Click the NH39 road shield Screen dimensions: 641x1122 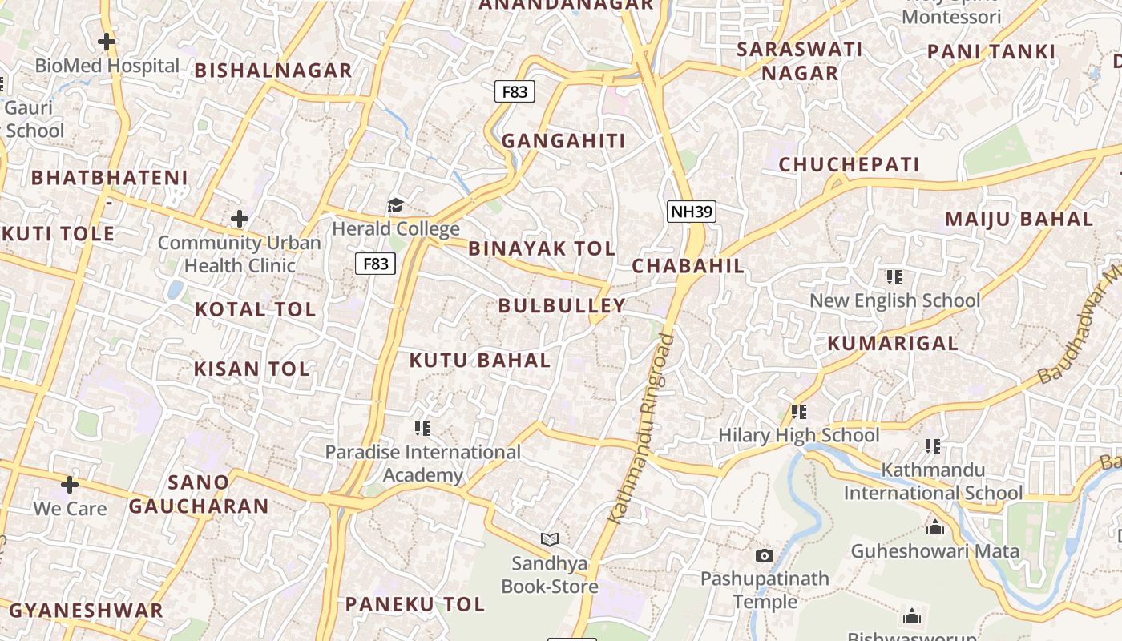691,212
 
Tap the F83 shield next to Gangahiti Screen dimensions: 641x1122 515,91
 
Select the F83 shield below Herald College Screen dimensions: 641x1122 375,263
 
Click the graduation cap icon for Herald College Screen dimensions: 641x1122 395,206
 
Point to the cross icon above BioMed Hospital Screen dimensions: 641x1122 107,42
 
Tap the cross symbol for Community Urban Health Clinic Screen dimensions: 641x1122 239,218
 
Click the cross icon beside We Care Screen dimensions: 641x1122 70,484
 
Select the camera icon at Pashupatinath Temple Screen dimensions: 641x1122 765,555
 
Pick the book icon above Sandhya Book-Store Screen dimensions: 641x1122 550,539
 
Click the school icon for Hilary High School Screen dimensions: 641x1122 798,412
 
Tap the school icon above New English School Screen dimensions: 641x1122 894,277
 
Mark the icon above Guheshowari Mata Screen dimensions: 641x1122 934,528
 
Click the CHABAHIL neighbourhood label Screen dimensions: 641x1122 688,266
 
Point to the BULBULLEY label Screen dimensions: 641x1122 562,305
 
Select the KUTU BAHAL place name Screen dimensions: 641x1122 480,361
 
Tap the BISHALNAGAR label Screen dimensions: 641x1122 273,71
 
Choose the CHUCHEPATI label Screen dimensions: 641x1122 850,165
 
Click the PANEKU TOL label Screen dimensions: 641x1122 415,604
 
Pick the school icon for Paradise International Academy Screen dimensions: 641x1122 422,429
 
